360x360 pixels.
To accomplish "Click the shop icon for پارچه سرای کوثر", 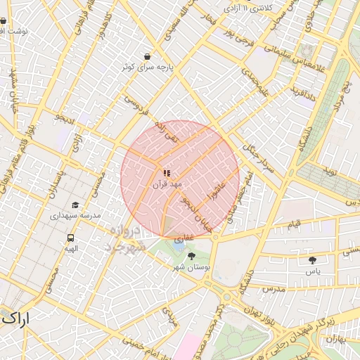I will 147,56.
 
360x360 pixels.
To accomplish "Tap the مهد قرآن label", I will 167,184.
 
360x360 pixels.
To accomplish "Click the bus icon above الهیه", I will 71,238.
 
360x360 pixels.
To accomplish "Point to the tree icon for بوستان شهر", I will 192,257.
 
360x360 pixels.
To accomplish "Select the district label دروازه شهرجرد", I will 127,240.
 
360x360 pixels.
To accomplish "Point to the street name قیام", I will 293,223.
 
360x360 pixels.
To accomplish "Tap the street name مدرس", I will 272,289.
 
